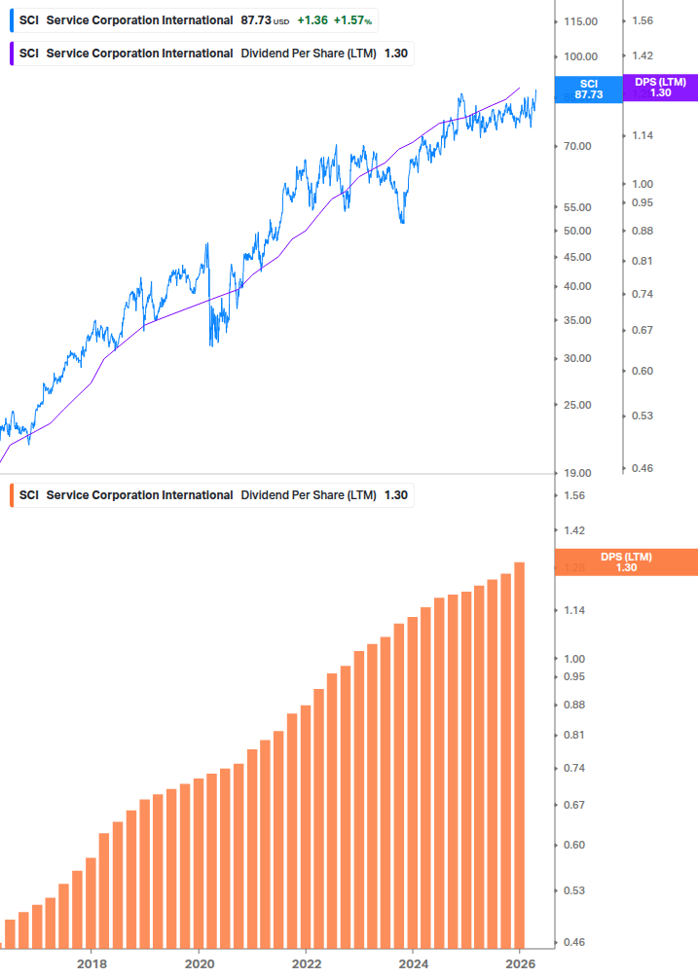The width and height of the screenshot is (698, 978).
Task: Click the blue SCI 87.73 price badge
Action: [x=587, y=90]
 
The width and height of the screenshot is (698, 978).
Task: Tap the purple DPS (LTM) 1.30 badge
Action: [x=660, y=88]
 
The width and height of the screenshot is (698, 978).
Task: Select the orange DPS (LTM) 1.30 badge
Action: [x=625, y=562]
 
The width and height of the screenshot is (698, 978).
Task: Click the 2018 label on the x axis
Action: [x=92, y=964]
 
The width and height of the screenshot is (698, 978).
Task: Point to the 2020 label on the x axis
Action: [x=199, y=964]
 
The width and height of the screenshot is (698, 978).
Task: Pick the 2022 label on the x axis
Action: [x=306, y=964]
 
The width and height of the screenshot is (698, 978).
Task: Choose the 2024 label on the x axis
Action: [x=413, y=964]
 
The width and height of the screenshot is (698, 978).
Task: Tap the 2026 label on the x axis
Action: [x=521, y=964]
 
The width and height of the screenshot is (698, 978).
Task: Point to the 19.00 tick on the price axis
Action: [x=577, y=473]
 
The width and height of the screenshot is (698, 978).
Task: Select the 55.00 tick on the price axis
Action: [x=577, y=207]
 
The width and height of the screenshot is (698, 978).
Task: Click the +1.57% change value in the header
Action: [x=354, y=20]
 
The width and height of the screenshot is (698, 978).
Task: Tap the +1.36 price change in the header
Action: [x=312, y=20]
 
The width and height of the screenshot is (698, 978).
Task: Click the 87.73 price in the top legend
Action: [x=256, y=20]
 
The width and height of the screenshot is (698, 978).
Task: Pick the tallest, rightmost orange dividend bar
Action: [x=520, y=754]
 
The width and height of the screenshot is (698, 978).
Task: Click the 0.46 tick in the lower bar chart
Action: [x=575, y=943]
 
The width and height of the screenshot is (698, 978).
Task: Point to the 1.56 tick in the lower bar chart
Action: [x=575, y=495]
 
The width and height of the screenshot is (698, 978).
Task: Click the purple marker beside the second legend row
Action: [x=11, y=54]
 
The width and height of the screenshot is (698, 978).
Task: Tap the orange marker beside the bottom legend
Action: [x=11, y=495]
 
